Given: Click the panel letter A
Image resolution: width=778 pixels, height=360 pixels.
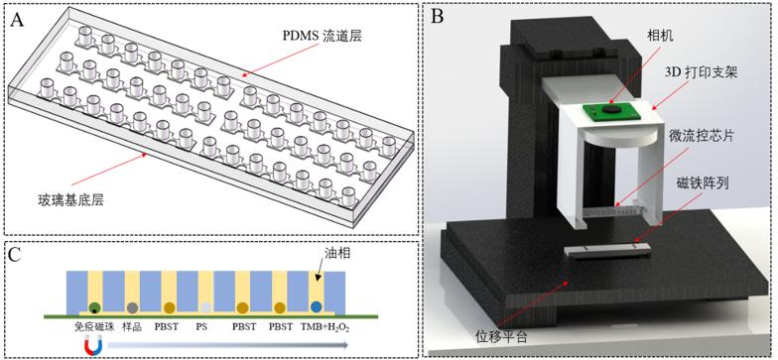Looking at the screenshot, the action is pos(18,20).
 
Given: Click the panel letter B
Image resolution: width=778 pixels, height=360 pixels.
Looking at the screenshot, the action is pos(437,17).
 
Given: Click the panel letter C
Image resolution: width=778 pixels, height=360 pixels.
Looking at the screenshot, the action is pos(15,255).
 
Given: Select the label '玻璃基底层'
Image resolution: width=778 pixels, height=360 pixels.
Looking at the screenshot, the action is pos(73,200).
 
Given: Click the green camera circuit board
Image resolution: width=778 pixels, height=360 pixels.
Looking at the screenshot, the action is pos(613,111).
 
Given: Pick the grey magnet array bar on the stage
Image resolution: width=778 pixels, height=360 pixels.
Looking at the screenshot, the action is pos(606,250).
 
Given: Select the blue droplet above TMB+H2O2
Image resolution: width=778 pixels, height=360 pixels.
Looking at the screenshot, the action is pos(316,307).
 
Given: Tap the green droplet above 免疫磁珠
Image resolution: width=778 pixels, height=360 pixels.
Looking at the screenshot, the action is pos(94,307).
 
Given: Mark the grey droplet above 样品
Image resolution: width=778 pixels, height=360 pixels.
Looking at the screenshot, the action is pos(131,307).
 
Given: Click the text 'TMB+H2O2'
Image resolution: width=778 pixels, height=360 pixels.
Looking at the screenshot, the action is pos(325,327).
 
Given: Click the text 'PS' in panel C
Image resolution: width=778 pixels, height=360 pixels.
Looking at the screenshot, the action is pos(206,327).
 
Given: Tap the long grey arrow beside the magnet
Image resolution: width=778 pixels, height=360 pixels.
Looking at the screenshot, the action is pos(228,347).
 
